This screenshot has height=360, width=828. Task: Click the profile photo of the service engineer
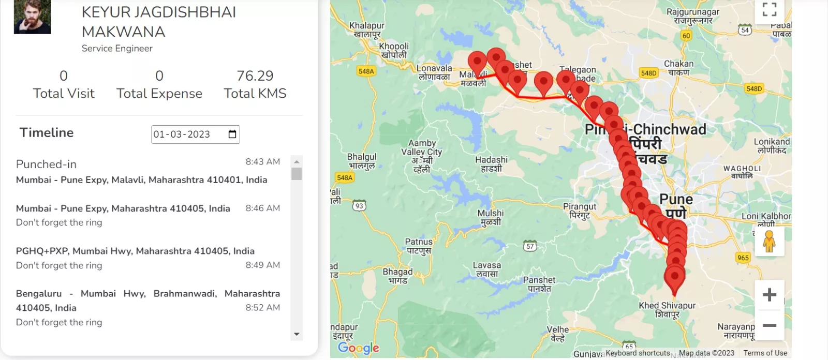pos(32,17)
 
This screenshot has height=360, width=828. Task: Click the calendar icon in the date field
pos(232,134)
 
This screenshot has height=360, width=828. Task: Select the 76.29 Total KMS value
pos(255,76)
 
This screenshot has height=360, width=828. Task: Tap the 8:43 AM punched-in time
pos(262,162)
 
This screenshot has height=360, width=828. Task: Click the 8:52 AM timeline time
pos(262,308)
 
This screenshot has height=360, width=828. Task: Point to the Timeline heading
pos(47,133)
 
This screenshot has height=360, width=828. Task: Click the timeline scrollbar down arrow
pos(297,335)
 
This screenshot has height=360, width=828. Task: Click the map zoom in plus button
pos(770,295)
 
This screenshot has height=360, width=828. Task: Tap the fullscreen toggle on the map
pos(770,10)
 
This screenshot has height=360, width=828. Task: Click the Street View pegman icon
pos(769,242)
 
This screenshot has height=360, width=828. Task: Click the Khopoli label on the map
pos(394,50)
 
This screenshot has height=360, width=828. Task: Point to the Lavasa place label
pos(487,269)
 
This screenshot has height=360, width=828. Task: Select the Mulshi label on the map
pos(491,217)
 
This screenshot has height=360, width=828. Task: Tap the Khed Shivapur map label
pos(667,309)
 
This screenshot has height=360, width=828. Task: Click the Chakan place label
pos(678,68)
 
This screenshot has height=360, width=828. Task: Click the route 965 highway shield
pos(743,258)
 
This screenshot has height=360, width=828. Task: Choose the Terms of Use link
pos(765,353)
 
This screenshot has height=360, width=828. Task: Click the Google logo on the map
pos(359,348)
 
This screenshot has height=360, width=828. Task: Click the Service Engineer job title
pos(117,49)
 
